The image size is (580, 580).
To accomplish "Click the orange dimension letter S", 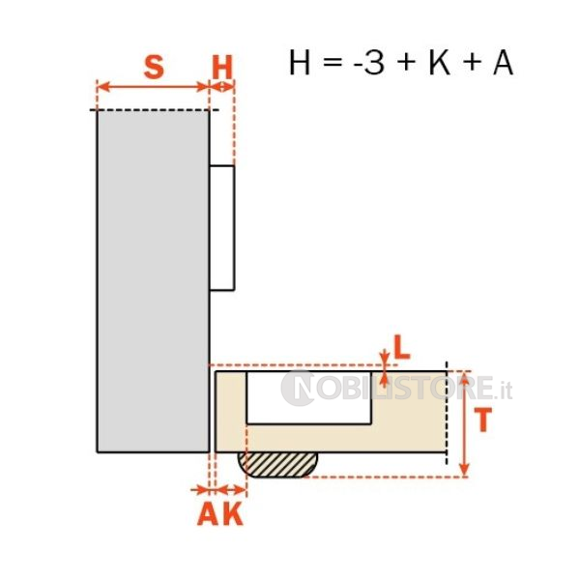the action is point(154,67).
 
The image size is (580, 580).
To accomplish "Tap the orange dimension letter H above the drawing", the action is point(222,67).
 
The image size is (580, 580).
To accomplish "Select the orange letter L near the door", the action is point(402,347).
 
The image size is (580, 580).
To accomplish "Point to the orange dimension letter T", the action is point(482,420).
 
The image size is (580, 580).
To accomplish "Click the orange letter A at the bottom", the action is point(208,513).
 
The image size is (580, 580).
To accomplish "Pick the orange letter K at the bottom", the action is point(233,513).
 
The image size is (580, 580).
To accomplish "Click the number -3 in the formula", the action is point(369,63).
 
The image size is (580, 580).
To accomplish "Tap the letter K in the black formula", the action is point(440,63).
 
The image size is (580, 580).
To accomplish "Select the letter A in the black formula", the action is point(503,63).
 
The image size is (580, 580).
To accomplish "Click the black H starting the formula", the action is point(300,63).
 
